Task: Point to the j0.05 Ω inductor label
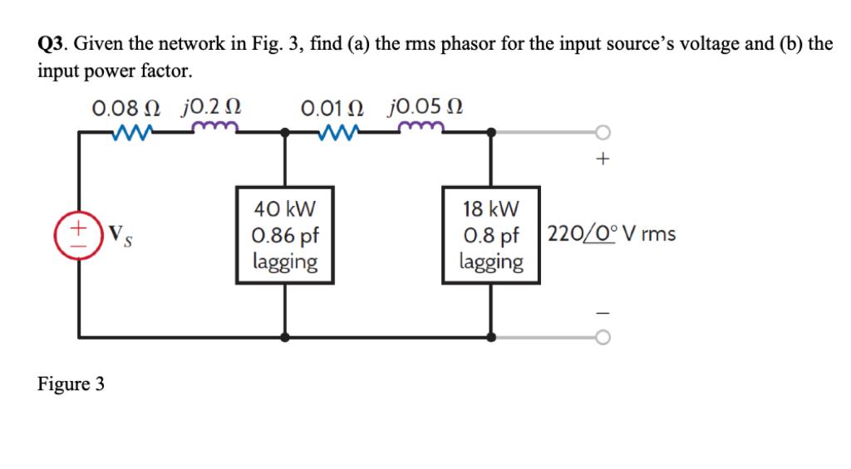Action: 425,108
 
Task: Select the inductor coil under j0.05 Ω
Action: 423,129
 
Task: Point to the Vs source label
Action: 119,232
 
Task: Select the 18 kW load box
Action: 491,235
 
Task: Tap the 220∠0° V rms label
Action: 611,234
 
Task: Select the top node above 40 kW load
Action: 285,132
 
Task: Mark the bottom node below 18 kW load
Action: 491,337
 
